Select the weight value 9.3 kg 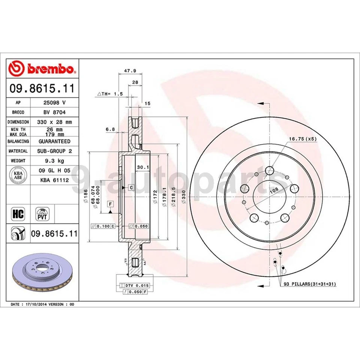tap(54, 161)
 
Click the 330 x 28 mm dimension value tap(54, 122)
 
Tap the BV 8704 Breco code tap(54, 112)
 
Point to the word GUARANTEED tap(54, 141)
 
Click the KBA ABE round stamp tap(18, 175)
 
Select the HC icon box tap(18, 214)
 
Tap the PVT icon tap(42, 214)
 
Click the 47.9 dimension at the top tap(130, 71)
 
